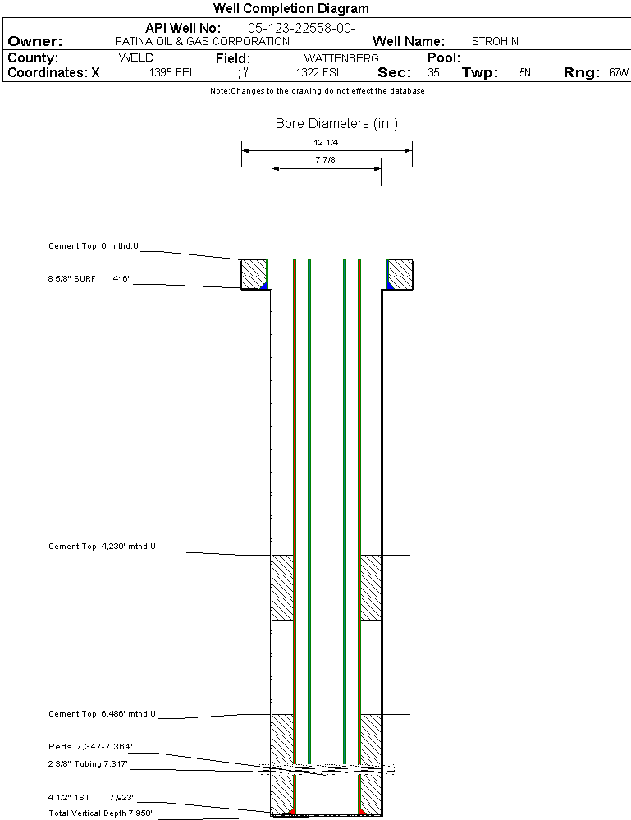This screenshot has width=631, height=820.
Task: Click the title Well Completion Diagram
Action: click(291, 9)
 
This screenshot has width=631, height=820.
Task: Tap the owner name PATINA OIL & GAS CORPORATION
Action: click(202, 42)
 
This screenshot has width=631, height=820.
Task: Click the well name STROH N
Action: click(495, 42)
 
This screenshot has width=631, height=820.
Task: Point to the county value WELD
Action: click(136, 58)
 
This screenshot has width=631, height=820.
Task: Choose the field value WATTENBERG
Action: click(341, 59)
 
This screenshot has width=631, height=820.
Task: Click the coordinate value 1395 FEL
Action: click(172, 73)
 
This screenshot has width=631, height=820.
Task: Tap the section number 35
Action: click(433, 73)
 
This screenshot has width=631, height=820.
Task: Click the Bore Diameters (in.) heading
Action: click(336, 124)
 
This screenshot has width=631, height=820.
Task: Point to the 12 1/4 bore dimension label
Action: click(326, 143)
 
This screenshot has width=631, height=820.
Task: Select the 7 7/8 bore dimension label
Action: click(326, 160)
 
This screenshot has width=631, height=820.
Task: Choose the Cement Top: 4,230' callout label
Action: click(102, 546)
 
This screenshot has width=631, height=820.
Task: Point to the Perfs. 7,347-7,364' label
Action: click(90, 747)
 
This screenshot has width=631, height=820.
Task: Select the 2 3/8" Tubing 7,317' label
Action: click(88, 764)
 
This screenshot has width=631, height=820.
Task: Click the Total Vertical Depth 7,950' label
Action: click(100, 813)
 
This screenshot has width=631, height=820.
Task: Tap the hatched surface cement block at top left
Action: click(254, 273)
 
